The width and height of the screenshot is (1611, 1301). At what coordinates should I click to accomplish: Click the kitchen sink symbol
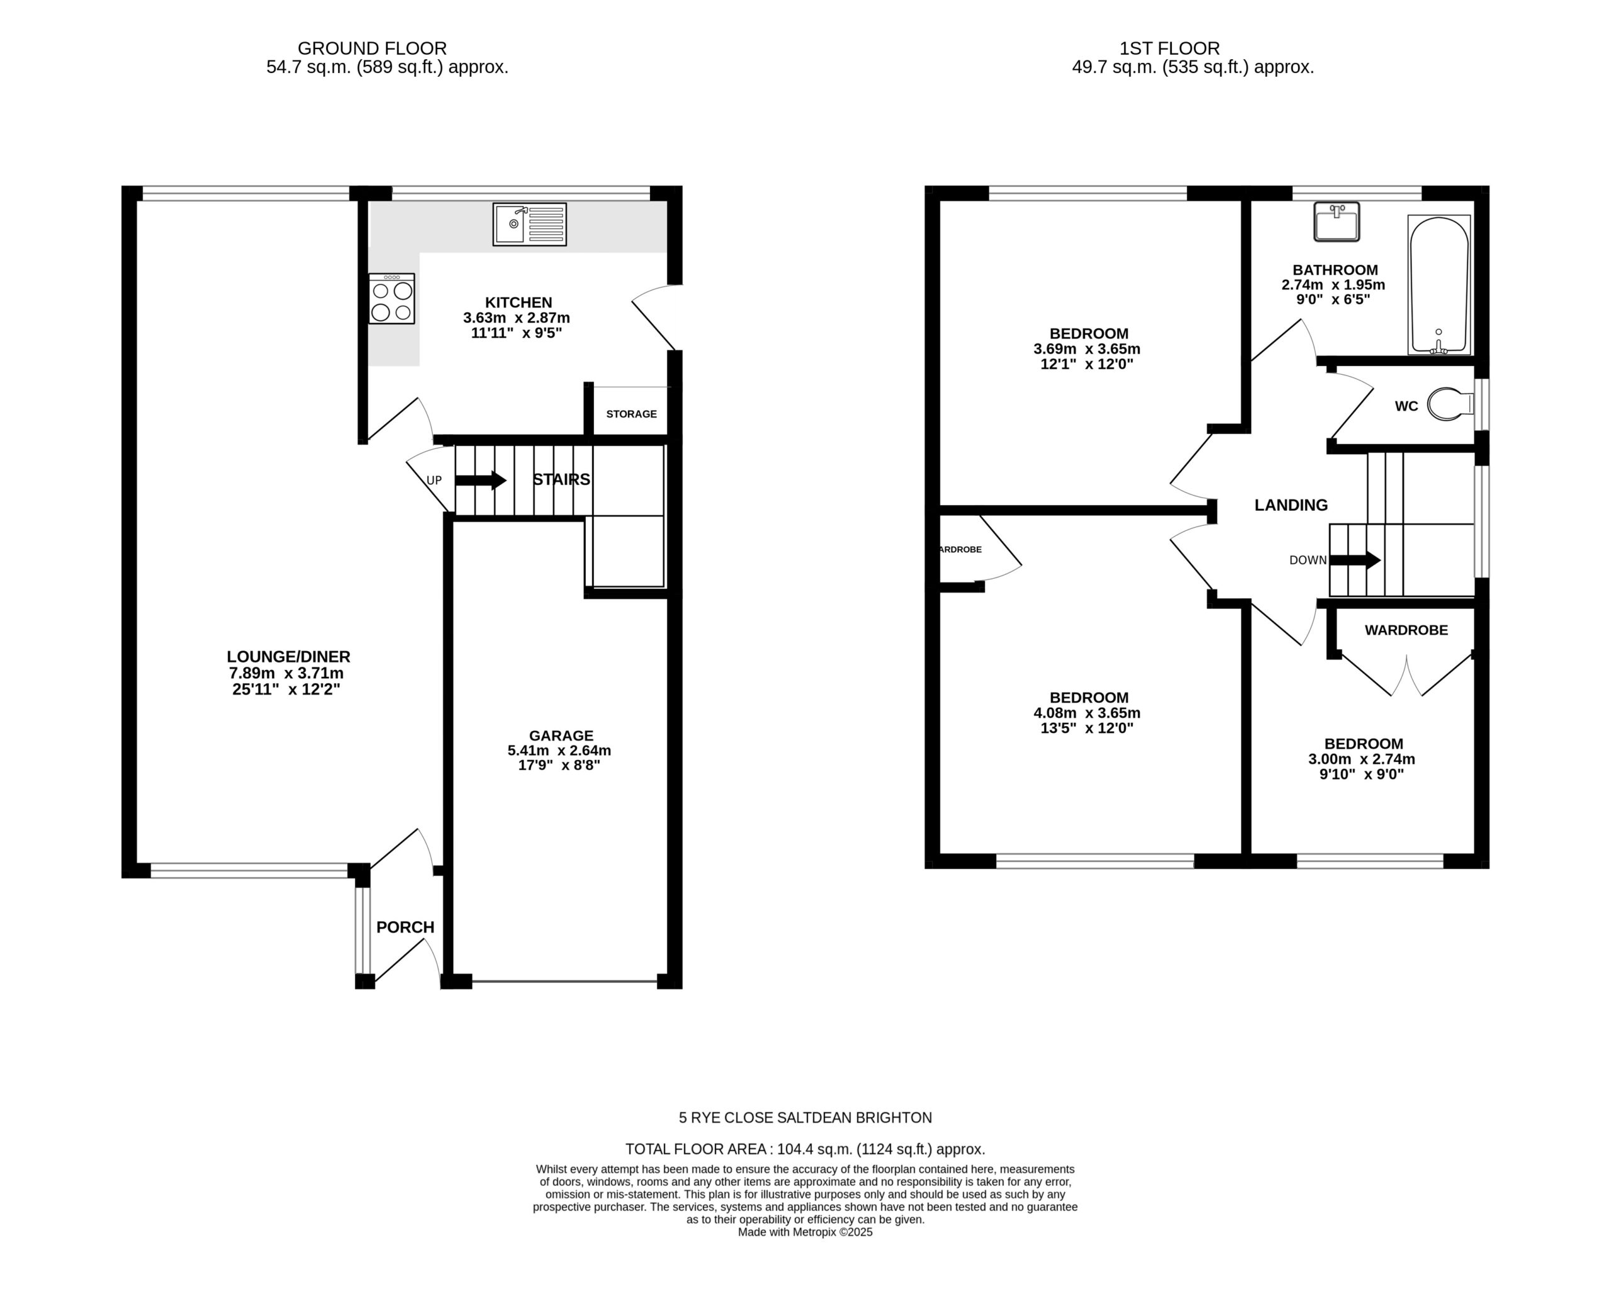tap(529, 224)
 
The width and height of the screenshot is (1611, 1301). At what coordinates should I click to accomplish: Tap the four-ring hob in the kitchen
tap(391, 298)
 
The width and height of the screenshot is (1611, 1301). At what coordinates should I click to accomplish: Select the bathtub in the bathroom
tap(1439, 286)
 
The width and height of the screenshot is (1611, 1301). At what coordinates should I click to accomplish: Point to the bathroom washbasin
tap(1337, 222)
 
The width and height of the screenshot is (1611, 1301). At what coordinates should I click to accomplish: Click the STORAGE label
tap(631, 414)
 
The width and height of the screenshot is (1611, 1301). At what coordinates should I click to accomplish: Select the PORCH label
tap(405, 927)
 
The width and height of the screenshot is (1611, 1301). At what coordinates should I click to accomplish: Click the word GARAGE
tap(561, 735)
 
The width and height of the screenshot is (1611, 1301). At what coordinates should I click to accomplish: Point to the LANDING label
tap(1291, 505)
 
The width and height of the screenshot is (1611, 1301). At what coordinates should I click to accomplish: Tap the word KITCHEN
tap(518, 303)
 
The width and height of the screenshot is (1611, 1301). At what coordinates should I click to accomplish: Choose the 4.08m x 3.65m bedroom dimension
tap(1087, 713)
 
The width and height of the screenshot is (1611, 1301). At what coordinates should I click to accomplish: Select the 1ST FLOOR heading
tap(1169, 48)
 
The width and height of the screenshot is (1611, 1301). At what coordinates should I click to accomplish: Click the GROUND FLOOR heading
tap(372, 48)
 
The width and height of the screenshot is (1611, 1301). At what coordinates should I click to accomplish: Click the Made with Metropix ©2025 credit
tap(805, 1231)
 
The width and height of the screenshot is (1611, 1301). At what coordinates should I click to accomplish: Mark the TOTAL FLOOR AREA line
tap(805, 1149)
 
